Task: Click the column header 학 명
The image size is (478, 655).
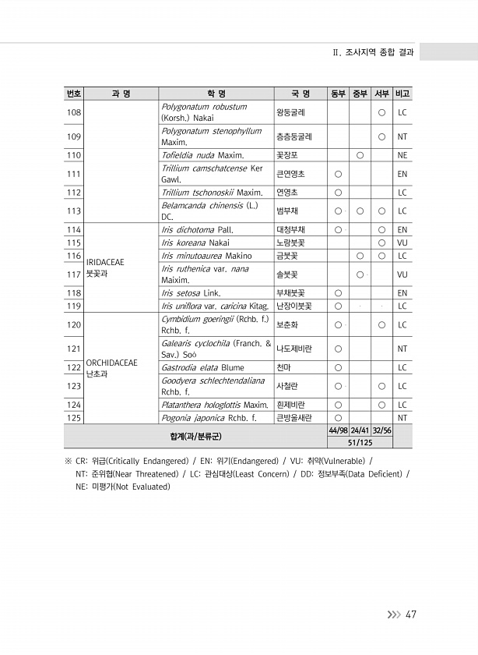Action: (216, 94)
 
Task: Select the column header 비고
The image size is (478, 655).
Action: (402, 94)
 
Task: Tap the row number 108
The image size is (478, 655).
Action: (74, 113)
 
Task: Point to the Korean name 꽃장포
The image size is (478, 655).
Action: (286, 155)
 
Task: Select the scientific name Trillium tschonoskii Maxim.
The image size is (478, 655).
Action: (212, 192)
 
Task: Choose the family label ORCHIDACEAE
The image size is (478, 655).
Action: (111, 363)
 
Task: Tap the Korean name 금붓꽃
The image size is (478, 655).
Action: (286, 256)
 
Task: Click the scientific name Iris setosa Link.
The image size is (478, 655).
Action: (191, 293)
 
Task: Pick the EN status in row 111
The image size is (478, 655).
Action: (402, 174)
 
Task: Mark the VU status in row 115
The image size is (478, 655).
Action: (402, 243)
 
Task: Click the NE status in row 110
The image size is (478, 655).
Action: (402, 155)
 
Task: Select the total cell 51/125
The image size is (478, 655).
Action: (360, 442)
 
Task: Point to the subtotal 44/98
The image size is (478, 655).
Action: (338, 430)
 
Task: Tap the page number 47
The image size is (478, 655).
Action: (411, 615)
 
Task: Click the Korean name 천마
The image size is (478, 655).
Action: (283, 367)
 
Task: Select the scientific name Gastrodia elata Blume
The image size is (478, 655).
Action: (202, 367)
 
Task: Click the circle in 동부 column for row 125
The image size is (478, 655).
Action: (338, 418)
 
